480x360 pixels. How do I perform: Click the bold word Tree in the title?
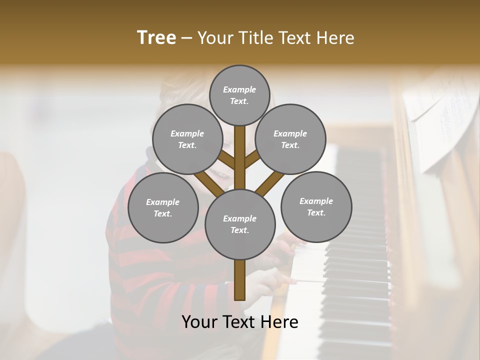pyautogui.click(x=156, y=38)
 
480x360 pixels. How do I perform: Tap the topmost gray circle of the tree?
pyautogui.click(x=239, y=95)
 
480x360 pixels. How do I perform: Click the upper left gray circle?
pyautogui.click(x=187, y=139)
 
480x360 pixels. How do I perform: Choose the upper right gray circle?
pyautogui.click(x=290, y=139)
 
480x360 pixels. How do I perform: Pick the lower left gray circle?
pyautogui.click(x=163, y=207)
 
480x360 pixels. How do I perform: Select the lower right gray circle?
pyautogui.click(x=316, y=206)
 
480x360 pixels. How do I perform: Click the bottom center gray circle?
pyautogui.click(x=240, y=224)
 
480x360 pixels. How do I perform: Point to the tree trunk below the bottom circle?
pyautogui.click(x=240, y=280)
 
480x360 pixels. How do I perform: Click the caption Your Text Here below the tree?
pyautogui.click(x=240, y=322)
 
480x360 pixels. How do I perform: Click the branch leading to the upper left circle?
pyautogui.click(x=226, y=160)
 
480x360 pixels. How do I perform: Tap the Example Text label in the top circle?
pyautogui.click(x=239, y=95)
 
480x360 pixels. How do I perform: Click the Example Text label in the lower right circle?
pyautogui.click(x=316, y=206)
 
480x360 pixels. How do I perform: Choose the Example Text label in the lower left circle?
pyautogui.click(x=163, y=207)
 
